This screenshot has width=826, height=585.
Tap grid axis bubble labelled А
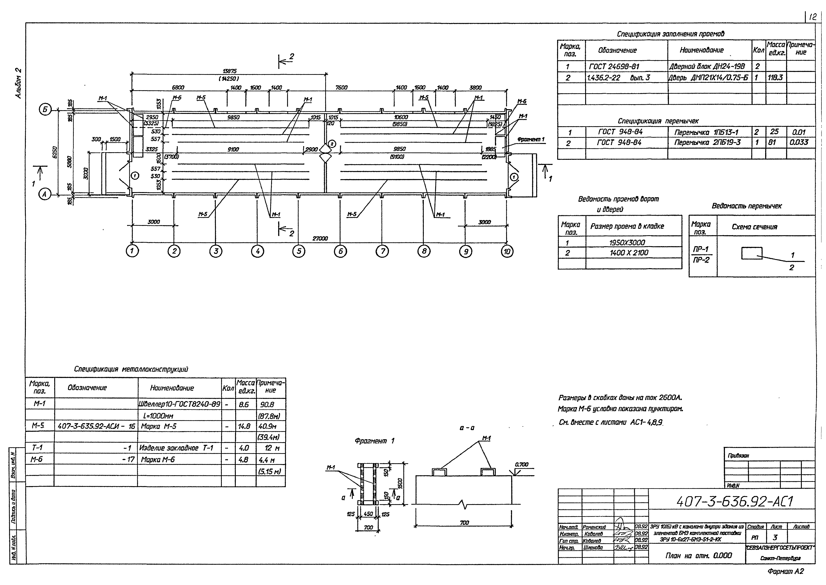pos(45,195)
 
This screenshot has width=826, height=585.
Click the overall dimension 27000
pos(320,238)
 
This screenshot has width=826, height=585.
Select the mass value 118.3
pos(775,77)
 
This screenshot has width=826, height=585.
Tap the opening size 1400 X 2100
pos(629,253)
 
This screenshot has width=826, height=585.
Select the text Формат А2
pos(785,571)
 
